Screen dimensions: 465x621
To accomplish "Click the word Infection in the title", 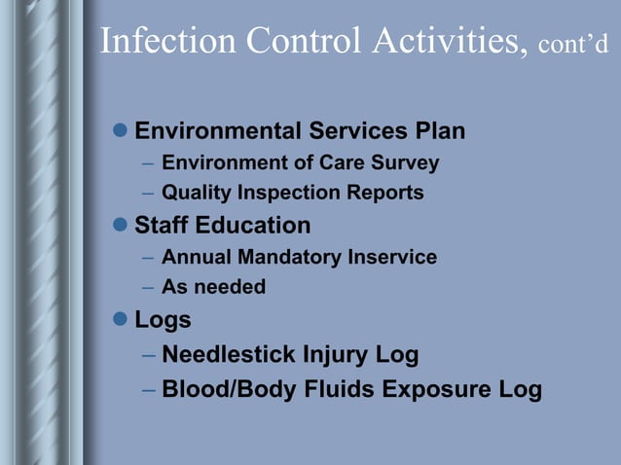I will pos(167,41).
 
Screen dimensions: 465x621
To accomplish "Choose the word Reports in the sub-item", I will pos(386,193).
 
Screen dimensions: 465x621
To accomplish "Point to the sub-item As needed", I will pos(213,288).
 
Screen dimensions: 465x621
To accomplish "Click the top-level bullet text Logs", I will pos(163,320).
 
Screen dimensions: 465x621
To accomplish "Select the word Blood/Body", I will pos(223,389).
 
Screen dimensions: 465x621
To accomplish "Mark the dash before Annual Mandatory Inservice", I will pos(147,258).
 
